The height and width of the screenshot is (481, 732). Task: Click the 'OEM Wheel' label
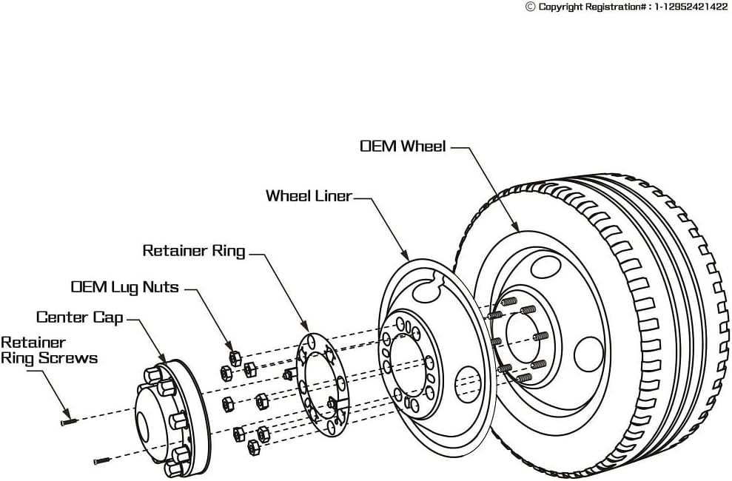tap(403, 146)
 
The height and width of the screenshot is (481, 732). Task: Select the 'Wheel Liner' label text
tap(309, 196)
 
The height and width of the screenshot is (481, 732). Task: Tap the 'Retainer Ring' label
tap(193, 251)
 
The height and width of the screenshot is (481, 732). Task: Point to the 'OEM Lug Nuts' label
tap(124, 286)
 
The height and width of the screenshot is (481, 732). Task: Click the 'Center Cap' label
tap(80, 317)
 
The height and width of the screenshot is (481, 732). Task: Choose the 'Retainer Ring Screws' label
tap(49, 350)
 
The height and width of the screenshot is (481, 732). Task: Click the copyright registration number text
tap(632, 7)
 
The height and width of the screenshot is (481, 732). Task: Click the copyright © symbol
tap(530, 7)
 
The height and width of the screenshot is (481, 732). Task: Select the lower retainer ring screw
tap(101, 461)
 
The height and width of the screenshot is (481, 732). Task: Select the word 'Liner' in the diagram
tap(331, 196)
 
